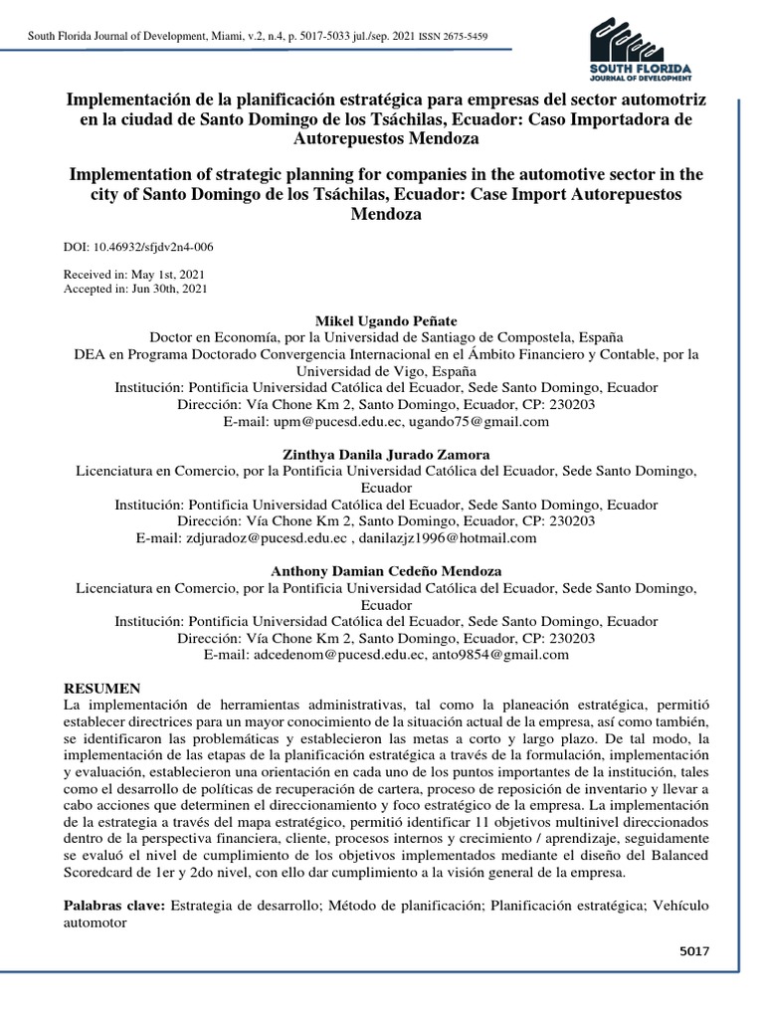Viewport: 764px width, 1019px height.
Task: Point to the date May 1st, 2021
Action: pyautogui.click(x=165, y=274)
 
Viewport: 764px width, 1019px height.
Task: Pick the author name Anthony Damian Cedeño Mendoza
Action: pyautogui.click(x=386, y=571)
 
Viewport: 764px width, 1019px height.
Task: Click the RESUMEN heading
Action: pyautogui.click(x=102, y=689)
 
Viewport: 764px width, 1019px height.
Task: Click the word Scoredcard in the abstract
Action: pyautogui.click(x=104, y=874)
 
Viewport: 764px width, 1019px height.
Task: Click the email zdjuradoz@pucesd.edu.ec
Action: pyautogui.click(x=267, y=538)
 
